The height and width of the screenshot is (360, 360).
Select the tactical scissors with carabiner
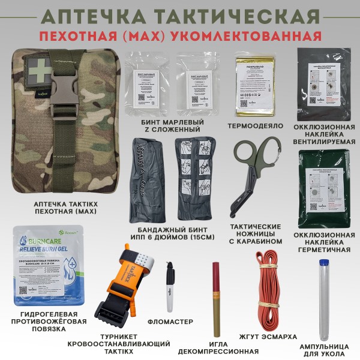tap(254, 173)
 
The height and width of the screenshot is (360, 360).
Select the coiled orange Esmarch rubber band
tap(265, 282)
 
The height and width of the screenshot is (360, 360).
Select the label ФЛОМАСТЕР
tap(173, 328)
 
